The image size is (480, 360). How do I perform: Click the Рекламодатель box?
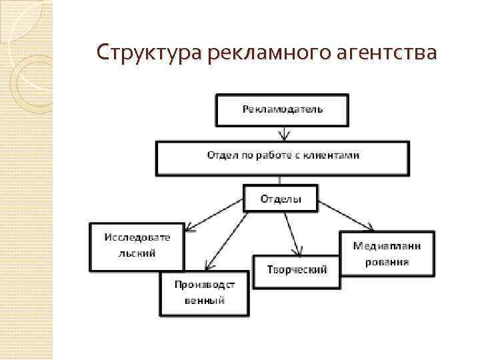[282, 110]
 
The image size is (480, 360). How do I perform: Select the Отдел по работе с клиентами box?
[283, 157]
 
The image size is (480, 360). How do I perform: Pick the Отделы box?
[280, 199]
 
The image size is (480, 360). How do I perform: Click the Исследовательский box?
[137, 246]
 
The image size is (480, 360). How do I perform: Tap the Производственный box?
[204, 293]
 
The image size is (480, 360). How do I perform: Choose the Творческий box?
[296, 269]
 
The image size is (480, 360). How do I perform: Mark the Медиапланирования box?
[387, 253]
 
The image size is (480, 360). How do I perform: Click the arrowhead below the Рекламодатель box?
[285, 137]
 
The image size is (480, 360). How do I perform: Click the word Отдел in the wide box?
[219, 155]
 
